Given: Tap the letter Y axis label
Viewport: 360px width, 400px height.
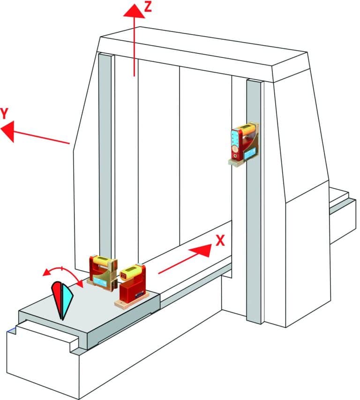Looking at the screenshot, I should [x=5, y=113].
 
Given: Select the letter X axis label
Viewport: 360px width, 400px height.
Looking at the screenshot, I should [x=220, y=241].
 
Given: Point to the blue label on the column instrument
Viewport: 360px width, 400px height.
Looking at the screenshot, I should [x=250, y=153].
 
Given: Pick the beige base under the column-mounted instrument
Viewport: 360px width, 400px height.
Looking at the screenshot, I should [x=240, y=162].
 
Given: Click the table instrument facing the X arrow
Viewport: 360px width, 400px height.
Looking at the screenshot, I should [x=133, y=286].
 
